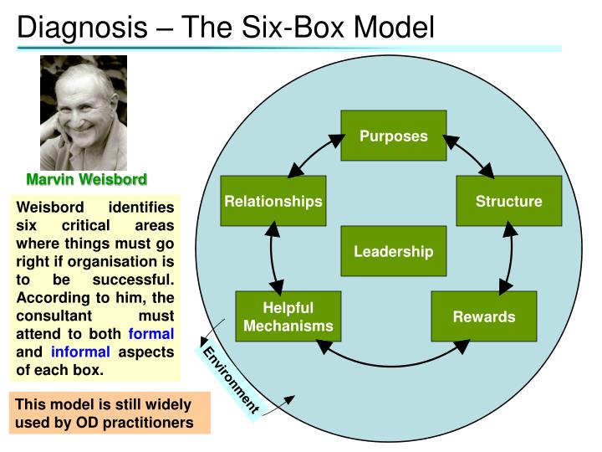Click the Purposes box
(x=393, y=136)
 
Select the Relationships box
(x=273, y=201)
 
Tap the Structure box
(x=508, y=201)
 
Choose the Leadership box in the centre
(x=393, y=251)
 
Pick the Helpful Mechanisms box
(x=288, y=316)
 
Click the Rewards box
(x=483, y=316)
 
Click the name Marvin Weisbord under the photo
(x=86, y=179)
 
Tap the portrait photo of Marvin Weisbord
(x=84, y=113)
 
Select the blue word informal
(x=80, y=351)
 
